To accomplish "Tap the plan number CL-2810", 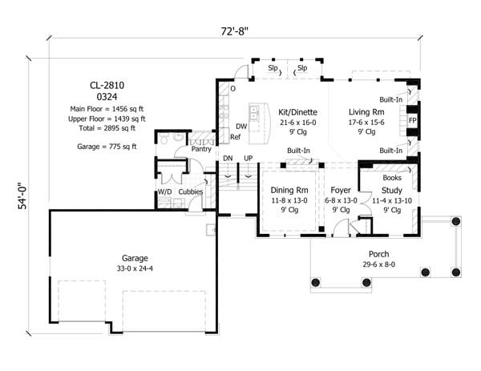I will coord(107,85).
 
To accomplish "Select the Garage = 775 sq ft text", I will coord(107,147).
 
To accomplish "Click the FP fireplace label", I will coord(413,120).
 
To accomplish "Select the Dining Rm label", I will coord(285,190).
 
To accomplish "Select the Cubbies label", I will coord(190,192).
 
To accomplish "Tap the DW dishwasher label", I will coord(240,127).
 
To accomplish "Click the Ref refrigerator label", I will coord(236,137).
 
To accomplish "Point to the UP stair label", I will coord(249,158).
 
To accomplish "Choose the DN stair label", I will coord(228,158).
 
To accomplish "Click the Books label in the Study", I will coord(393,177).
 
